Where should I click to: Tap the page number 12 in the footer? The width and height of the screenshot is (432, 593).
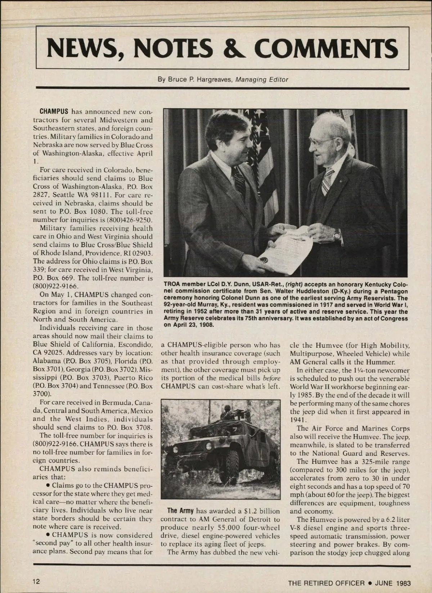click(36, 582)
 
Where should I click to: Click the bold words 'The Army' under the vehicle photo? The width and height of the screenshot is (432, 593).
click(181, 511)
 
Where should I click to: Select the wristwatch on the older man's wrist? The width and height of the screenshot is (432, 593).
click(337, 236)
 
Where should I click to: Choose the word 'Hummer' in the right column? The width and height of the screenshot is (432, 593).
click(382, 362)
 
